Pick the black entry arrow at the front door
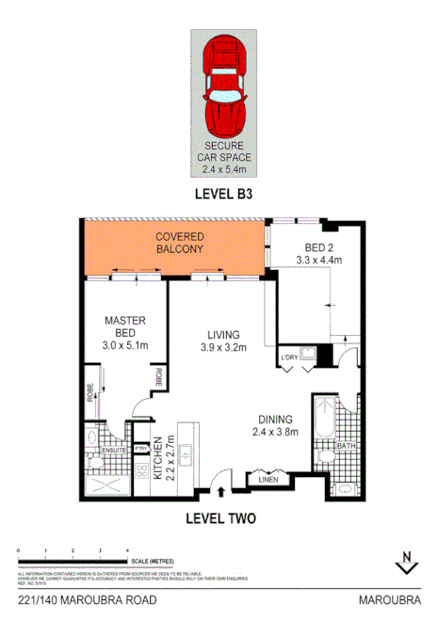pos(222,488)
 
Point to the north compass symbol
pos(405,561)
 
